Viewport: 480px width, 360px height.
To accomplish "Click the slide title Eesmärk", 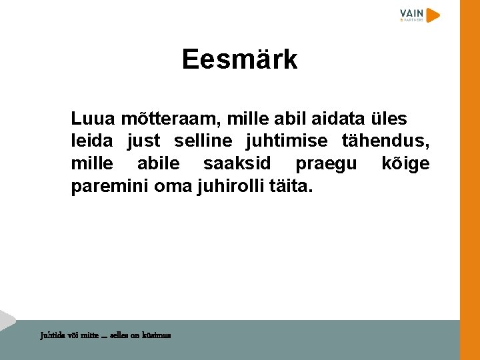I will [239, 60].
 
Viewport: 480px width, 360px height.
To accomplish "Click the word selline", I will [203, 141].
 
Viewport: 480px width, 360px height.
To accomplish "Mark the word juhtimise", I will [287, 141].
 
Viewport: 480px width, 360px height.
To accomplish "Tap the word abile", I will [158, 163].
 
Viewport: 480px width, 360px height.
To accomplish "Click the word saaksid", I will [237, 163].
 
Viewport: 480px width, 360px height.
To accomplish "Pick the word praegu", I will [326, 164].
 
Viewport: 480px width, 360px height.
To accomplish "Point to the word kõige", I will [405, 164].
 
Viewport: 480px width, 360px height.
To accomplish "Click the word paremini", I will [109, 186].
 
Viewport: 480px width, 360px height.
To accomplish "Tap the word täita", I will [291, 186].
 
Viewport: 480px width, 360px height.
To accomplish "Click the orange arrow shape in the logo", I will [433, 15].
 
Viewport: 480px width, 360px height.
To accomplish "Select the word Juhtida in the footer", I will [52, 335].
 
